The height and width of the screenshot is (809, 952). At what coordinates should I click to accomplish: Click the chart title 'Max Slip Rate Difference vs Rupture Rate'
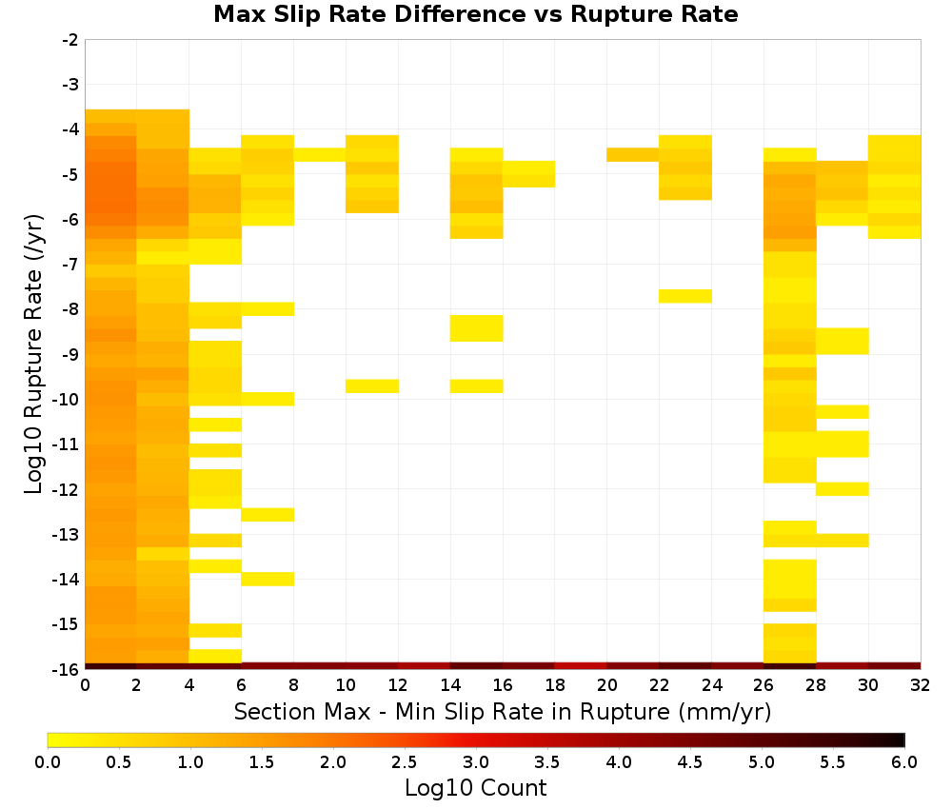[475, 14]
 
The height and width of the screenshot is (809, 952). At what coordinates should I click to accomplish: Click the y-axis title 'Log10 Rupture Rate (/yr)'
[33, 354]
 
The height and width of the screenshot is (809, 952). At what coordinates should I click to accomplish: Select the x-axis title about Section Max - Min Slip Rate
[502, 711]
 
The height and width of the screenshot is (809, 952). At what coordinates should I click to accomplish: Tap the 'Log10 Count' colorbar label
[475, 788]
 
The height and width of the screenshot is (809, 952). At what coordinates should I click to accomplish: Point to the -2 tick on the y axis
[71, 40]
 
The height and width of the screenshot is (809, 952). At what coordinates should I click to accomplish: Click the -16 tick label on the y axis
[67, 669]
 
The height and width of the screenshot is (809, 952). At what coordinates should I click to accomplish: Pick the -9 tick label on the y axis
[71, 354]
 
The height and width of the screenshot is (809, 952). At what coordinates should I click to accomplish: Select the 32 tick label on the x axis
[921, 685]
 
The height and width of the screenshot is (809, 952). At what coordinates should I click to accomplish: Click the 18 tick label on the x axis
[555, 685]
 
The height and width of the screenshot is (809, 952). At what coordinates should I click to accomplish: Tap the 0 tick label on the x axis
[85, 685]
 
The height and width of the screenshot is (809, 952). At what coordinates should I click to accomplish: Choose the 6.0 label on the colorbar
[904, 761]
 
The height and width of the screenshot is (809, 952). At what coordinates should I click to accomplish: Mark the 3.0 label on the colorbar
[476, 761]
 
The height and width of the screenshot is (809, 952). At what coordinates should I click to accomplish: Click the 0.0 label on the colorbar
[48, 761]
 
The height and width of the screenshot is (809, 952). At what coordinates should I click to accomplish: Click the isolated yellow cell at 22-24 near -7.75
[685, 296]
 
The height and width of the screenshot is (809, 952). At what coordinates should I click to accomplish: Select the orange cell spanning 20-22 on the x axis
[633, 155]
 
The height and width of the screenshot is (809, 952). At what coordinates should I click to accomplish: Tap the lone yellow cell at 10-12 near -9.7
[372, 386]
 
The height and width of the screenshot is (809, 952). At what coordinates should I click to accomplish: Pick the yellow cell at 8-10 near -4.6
[320, 155]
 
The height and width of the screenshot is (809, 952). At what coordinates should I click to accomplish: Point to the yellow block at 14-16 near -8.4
[477, 328]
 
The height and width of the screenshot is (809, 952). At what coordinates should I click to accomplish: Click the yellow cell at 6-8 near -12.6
[268, 515]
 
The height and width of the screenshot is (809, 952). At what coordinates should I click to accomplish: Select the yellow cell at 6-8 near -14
[268, 579]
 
